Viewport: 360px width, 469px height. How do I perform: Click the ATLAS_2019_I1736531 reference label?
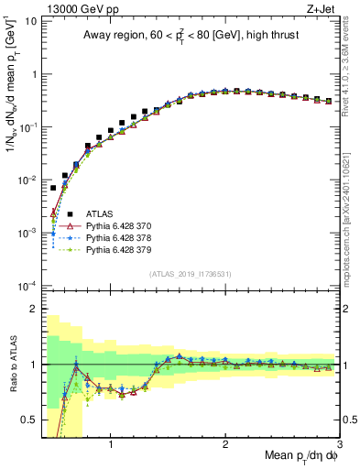click(x=190, y=273)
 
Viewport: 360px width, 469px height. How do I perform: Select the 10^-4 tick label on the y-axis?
click(x=26, y=286)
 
